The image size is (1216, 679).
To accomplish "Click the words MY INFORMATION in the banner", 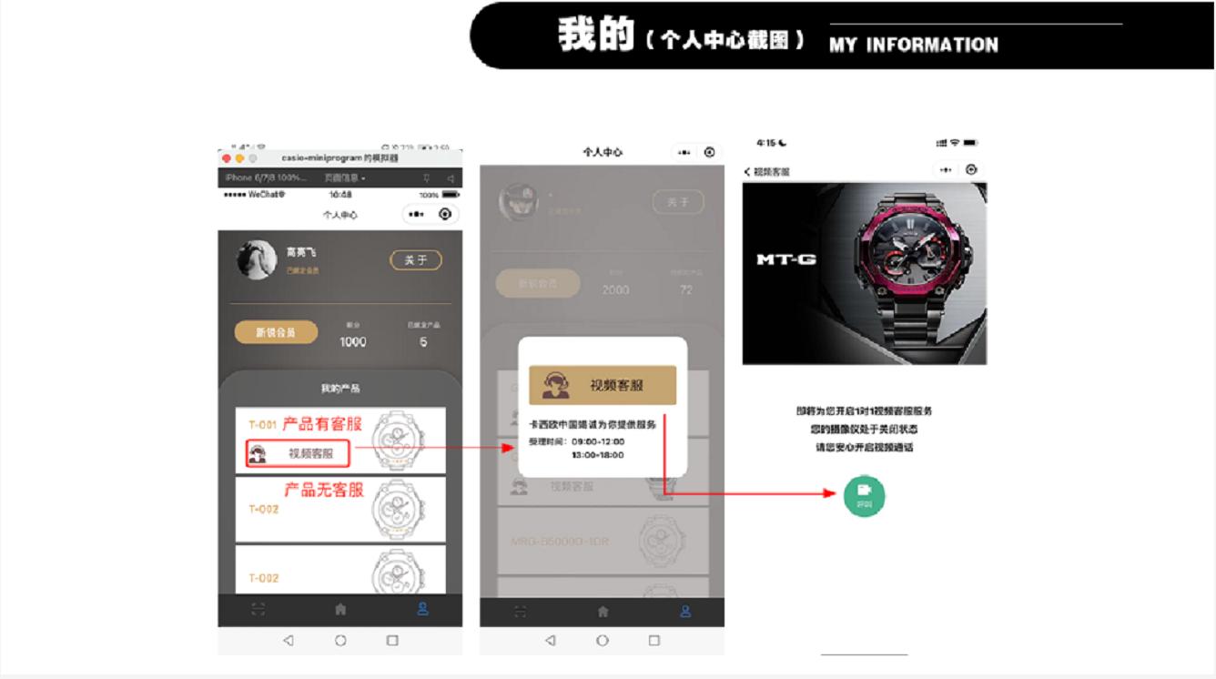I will [x=913, y=45].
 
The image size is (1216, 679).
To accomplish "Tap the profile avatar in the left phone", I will [x=256, y=259].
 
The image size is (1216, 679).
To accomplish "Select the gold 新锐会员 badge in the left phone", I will [x=276, y=332].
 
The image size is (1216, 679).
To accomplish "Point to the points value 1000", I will [x=352, y=342].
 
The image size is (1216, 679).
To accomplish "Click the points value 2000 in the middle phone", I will [x=615, y=290].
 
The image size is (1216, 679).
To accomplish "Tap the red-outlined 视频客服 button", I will [x=297, y=453].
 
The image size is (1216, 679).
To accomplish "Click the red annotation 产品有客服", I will [x=321, y=424].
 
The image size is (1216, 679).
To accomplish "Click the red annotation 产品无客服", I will [x=323, y=490].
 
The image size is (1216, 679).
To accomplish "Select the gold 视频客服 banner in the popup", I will [x=603, y=385].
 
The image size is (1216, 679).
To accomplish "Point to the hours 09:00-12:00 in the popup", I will [x=598, y=441].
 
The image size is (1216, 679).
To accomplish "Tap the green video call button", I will [x=864, y=494].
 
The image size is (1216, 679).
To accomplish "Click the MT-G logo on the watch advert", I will [x=786, y=259].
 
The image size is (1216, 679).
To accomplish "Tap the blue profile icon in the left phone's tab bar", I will [x=422, y=609].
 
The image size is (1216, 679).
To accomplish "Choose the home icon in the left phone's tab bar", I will [x=340, y=609].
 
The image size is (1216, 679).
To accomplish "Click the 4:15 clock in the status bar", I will [x=766, y=144].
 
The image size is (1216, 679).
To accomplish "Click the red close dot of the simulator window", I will [x=227, y=157].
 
